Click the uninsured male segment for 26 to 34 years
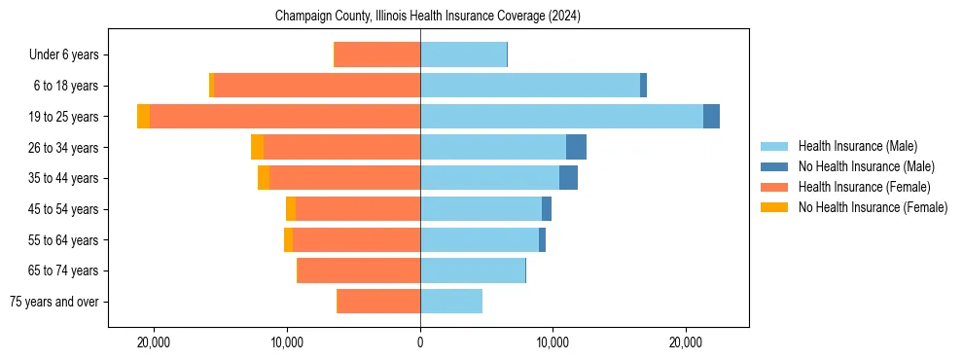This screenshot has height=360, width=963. point(576,147)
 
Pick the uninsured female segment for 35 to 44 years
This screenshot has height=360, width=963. point(264,178)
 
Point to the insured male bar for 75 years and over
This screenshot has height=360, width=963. point(451,302)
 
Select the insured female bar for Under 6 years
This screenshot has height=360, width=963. point(377,54)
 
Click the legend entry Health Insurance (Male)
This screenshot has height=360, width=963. point(857,146)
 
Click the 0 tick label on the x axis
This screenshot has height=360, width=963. point(420,342)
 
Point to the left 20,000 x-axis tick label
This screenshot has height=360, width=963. point(155,342)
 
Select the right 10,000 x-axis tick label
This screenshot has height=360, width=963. point(553,342)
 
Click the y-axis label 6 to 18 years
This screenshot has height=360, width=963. point(66,86)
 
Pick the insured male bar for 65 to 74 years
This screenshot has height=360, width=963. point(473,270)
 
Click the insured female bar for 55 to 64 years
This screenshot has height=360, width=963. point(356,239)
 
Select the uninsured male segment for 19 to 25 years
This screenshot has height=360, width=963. point(711,117)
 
